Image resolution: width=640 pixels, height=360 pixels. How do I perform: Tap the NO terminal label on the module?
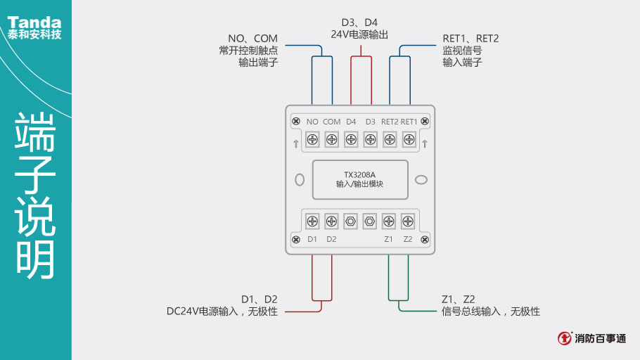(x=312, y=122)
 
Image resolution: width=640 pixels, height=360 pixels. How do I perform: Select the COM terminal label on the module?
(x=331, y=122)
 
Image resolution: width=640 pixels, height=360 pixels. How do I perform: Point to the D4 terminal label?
(x=350, y=122)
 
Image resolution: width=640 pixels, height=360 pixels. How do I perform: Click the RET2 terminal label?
(x=390, y=122)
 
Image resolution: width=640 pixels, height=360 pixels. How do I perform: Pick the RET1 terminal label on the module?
(x=409, y=122)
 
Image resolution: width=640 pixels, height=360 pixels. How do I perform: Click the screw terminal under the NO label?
(x=312, y=139)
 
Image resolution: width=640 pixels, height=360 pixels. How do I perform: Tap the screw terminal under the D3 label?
(x=370, y=139)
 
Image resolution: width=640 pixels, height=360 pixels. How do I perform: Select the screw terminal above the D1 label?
(x=312, y=221)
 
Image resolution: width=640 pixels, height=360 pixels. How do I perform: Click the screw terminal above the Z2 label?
(x=407, y=221)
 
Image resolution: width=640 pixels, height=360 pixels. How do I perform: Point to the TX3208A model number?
(x=359, y=175)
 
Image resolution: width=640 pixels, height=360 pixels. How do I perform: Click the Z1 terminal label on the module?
(x=388, y=239)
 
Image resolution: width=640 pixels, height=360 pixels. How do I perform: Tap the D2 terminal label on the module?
(x=331, y=239)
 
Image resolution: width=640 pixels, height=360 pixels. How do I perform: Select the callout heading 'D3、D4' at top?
(x=359, y=22)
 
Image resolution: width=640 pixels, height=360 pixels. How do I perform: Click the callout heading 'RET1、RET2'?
(x=470, y=38)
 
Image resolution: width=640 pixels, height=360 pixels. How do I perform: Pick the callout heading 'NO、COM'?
(x=252, y=38)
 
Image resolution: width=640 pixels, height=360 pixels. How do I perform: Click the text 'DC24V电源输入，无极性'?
(x=222, y=311)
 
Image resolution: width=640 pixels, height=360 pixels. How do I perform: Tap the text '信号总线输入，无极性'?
(x=490, y=311)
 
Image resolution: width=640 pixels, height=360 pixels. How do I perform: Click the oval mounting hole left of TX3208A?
(x=299, y=179)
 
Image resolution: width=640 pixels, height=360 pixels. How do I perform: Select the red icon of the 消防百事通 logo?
(x=565, y=338)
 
